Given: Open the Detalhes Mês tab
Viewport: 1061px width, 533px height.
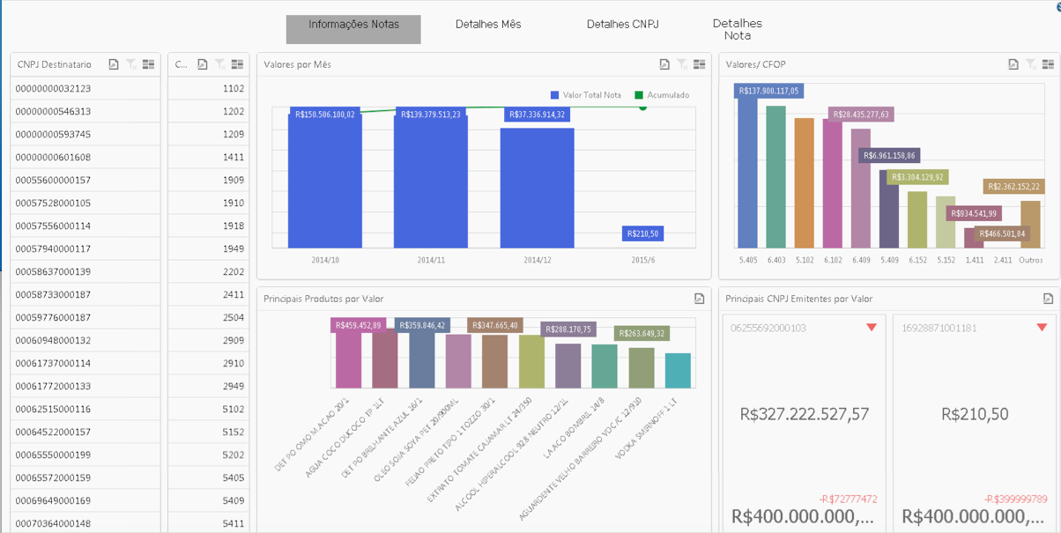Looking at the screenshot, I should point(488,25).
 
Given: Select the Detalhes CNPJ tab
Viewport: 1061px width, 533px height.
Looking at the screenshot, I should point(623,25).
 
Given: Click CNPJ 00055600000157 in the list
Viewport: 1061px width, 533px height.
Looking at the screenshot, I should point(53,181).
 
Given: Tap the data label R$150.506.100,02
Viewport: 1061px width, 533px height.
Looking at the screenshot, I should point(324,115).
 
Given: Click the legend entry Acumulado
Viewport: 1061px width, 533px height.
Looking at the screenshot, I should point(668,95).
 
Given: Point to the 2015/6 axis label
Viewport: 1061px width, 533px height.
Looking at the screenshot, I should point(642,261).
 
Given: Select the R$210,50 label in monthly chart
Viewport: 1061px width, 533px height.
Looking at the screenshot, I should point(642,233).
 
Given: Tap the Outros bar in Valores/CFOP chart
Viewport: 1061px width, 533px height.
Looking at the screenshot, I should point(1030,225).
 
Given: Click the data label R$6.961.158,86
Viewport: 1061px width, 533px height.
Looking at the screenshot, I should point(889,156).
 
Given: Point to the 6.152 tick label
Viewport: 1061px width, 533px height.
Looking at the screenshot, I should point(917,261).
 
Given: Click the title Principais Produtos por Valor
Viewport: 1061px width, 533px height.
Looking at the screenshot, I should point(323,300).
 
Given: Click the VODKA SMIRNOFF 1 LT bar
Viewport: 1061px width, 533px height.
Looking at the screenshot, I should point(678,371).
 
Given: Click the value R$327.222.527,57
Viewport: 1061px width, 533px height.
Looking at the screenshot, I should point(805,414).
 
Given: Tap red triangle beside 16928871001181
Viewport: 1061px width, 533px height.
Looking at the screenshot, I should point(1042,328).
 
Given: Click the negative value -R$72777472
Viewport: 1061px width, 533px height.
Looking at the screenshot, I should point(849,500).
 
